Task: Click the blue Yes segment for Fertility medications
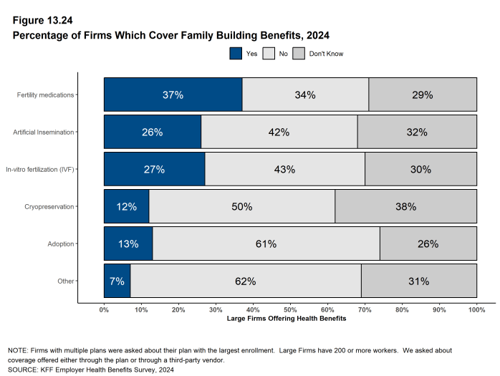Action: pyautogui.click(x=173, y=95)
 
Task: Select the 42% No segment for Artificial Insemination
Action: pyautogui.click(x=279, y=132)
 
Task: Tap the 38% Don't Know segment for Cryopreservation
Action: pyautogui.click(x=405, y=206)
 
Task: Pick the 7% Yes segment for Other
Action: pyautogui.click(x=117, y=281)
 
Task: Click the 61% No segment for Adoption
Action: pyautogui.click(x=266, y=244)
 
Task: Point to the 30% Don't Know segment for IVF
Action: pyautogui.click(x=420, y=169)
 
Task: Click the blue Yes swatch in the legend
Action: pyautogui.click(x=236, y=54)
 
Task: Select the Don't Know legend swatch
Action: pyautogui.click(x=299, y=54)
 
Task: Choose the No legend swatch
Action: pyautogui.click(x=269, y=54)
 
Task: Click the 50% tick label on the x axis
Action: pyautogui.click(x=290, y=309)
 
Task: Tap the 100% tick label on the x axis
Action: pyautogui.click(x=476, y=309)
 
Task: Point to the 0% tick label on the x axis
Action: pyautogui.click(x=104, y=309)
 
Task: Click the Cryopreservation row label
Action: pyautogui.click(x=50, y=206)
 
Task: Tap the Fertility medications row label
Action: pyautogui.click(x=46, y=95)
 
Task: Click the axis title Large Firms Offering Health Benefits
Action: pyautogui.click(x=286, y=318)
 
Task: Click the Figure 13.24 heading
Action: pyautogui.click(x=42, y=20)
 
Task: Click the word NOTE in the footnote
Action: pyautogui.click(x=18, y=351)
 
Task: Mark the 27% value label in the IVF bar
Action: pyautogui.click(x=154, y=169)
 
